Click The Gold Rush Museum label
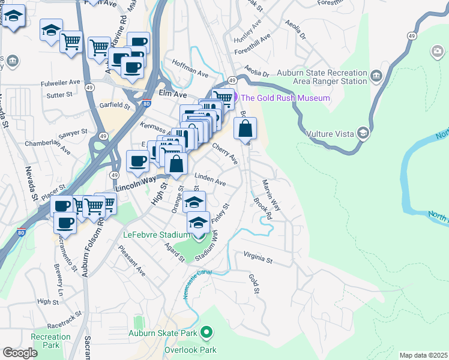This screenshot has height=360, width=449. [286, 98]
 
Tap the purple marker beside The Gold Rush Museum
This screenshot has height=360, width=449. [234, 98]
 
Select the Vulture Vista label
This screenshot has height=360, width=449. [331, 133]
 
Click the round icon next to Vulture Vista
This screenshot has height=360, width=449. [363, 133]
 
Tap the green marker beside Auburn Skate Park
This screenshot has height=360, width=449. [206, 332]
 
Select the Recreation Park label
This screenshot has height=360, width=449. [51, 341]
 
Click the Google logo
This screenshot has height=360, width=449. [20, 353]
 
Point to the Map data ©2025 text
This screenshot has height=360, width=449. [423, 355]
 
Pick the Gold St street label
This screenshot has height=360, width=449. [254, 283]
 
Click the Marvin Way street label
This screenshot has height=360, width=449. [271, 194]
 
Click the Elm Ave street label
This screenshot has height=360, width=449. [173, 94]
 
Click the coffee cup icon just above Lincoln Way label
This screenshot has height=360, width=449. [137, 161]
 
